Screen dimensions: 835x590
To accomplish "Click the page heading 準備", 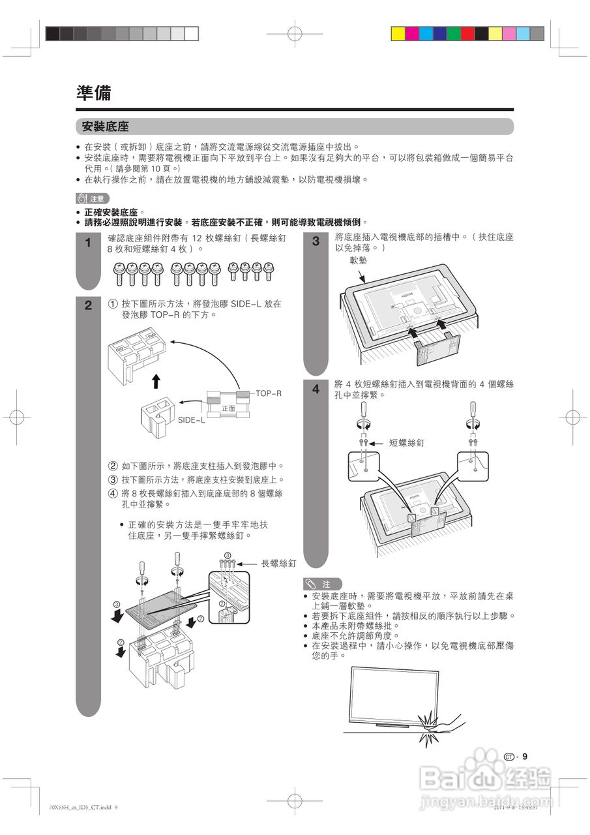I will [93, 93].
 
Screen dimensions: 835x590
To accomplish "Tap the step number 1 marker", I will [89, 243].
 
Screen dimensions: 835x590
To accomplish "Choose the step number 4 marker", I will [316, 389].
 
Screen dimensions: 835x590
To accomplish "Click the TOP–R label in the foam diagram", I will [268, 393].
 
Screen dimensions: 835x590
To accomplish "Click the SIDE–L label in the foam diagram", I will [192, 420].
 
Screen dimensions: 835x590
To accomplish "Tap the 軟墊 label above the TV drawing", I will [358, 260].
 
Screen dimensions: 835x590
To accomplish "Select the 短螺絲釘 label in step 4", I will [407, 443].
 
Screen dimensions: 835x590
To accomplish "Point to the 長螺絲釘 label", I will [278, 563].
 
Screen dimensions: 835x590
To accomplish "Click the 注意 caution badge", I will [93, 198].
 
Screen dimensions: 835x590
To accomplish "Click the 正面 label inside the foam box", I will [228, 408].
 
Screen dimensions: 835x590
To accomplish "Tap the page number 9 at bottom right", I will [524, 757].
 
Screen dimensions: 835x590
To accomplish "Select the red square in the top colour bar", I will [467, 34].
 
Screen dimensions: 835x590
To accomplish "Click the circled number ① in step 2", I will [113, 304].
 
